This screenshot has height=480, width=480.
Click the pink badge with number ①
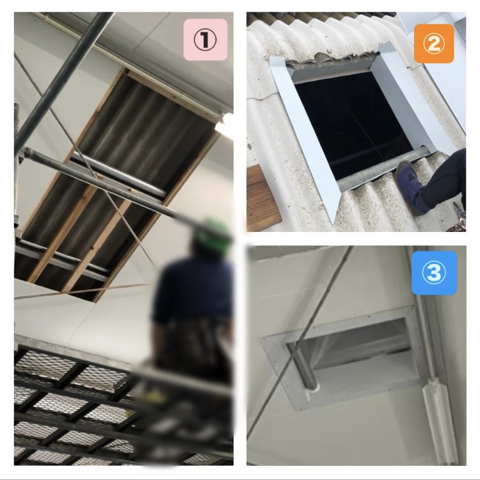(x=205, y=40)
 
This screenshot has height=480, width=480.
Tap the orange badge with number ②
(x=434, y=44)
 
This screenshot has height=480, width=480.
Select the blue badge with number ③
(x=434, y=273)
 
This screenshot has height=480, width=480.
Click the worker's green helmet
(x=212, y=235)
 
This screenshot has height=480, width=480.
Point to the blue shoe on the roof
(x=410, y=187)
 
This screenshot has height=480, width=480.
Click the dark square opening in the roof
(x=352, y=122)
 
